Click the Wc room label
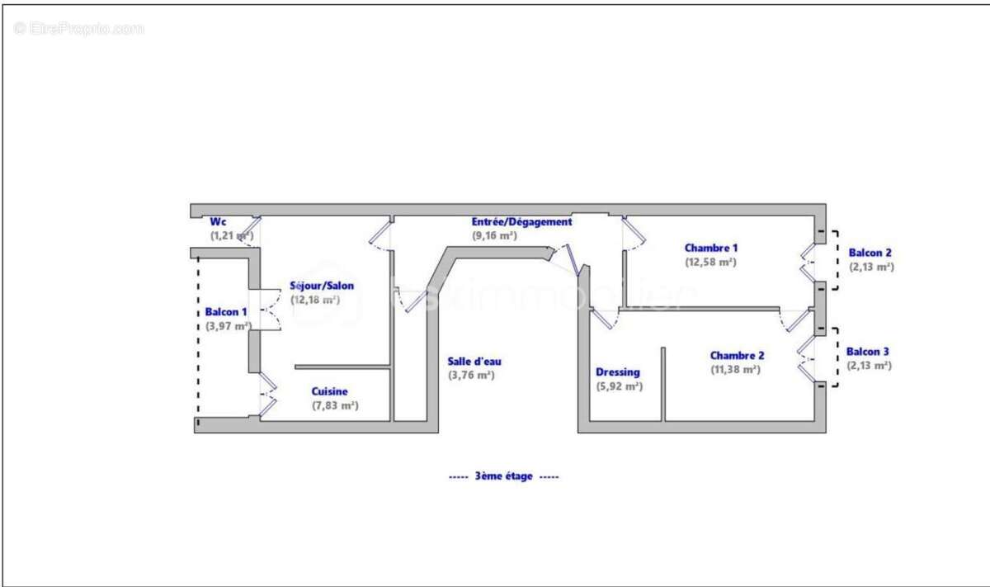(218, 222)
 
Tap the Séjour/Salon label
(322, 286)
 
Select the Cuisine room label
(329, 391)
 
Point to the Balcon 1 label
(226, 312)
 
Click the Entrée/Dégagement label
(521, 222)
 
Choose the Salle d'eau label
(474, 361)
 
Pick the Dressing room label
(618, 372)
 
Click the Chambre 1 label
(711, 248)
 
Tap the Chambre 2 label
(737, 356)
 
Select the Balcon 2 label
(870, 253)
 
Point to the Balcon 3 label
(868, 352)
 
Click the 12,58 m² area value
(710, 262)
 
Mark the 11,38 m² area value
(735, 370)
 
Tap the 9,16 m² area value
(494, 235)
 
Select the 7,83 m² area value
(335, 405)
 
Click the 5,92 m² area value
(619, 386)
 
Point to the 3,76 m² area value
(471, 375)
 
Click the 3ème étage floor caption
(503, 476)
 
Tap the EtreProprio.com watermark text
(79, 28)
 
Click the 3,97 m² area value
(228, 326)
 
